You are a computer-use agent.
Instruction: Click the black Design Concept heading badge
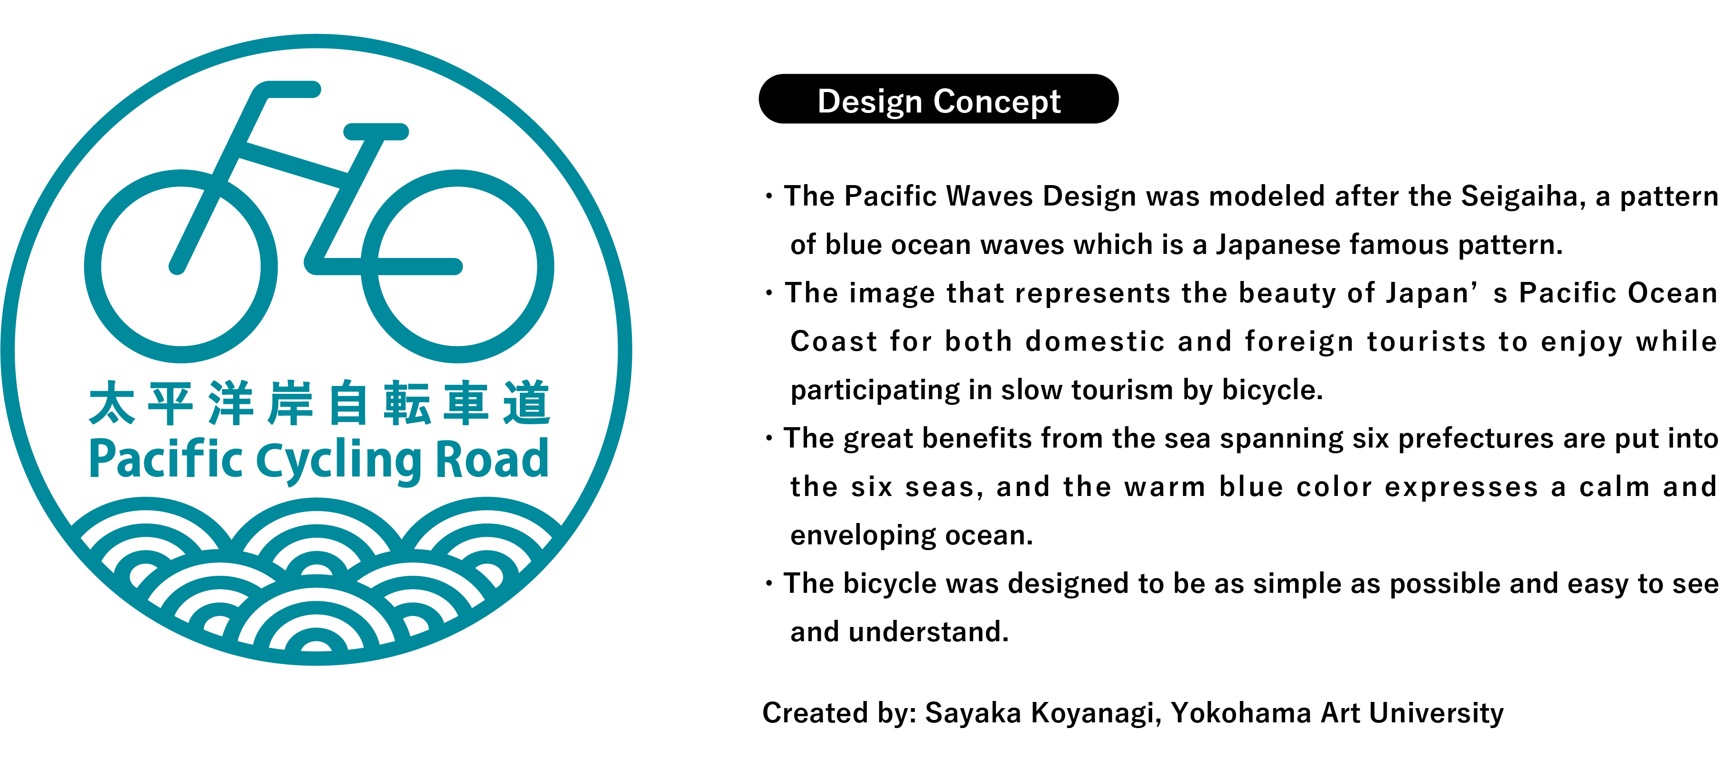(938, 99)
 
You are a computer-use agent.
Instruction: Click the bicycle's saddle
(376, 131)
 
